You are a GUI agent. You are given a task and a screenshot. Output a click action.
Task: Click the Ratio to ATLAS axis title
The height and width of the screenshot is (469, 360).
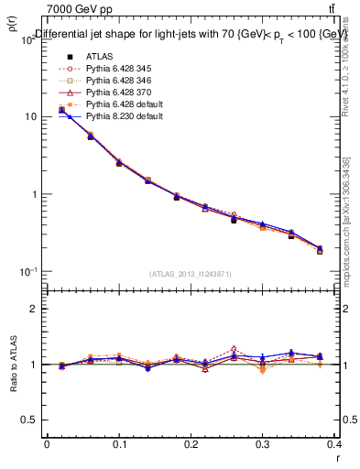point(12,365)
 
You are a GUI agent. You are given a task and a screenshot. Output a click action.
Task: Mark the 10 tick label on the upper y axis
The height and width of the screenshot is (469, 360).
point(30,117)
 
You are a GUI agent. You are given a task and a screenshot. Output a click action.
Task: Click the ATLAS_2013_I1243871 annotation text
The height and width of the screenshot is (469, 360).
point(191,274)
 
